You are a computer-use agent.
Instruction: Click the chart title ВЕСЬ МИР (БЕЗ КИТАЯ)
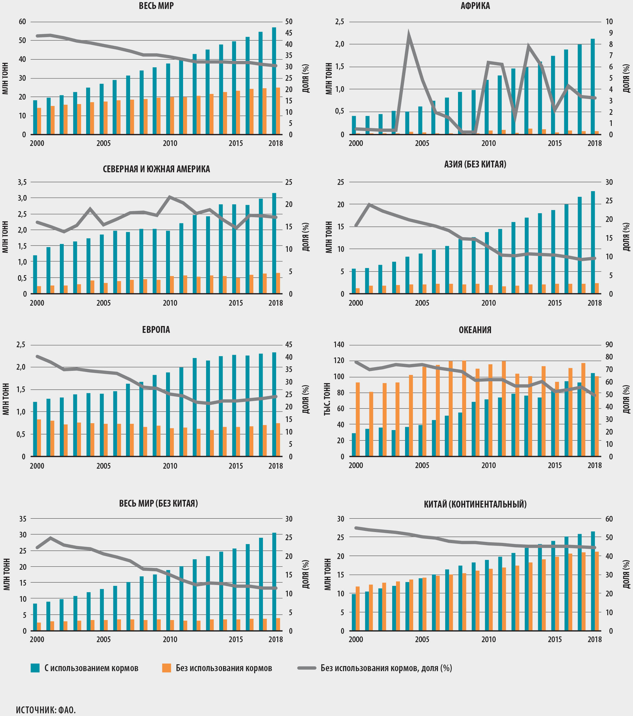point(158,503)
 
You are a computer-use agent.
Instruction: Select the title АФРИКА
point(475,6)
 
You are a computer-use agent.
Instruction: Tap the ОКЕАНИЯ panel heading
point(475,330)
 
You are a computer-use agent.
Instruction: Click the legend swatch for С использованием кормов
point(35,668)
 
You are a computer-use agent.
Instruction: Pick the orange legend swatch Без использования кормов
point(166,668)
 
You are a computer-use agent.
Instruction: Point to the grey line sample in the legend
point(307,668)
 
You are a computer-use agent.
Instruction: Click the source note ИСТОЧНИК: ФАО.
point(46,710)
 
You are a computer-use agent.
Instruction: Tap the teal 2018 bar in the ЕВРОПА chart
point(274,404)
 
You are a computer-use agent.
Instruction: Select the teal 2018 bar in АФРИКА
point(593,86)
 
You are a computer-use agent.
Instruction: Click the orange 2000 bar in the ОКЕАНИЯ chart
point(358,419)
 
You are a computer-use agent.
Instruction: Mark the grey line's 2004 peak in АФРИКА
point(409,34)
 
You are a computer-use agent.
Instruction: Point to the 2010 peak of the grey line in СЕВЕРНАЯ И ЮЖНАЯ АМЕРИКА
point(170,197)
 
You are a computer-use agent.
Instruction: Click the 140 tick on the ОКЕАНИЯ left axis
point(339,345)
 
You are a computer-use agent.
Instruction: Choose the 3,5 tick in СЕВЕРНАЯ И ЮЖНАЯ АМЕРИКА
point(22,182)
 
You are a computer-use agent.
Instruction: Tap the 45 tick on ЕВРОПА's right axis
point(289,345)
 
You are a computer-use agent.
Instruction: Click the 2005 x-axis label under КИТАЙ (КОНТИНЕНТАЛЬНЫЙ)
point(422,639)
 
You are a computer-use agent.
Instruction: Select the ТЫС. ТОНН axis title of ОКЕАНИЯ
point(327,399)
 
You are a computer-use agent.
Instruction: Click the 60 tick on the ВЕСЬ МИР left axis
point(22,22)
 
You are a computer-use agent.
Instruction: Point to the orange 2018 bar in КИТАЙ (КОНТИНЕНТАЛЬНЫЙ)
point(597,591)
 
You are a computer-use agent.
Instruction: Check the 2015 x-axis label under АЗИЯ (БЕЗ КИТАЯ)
point(555,303)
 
